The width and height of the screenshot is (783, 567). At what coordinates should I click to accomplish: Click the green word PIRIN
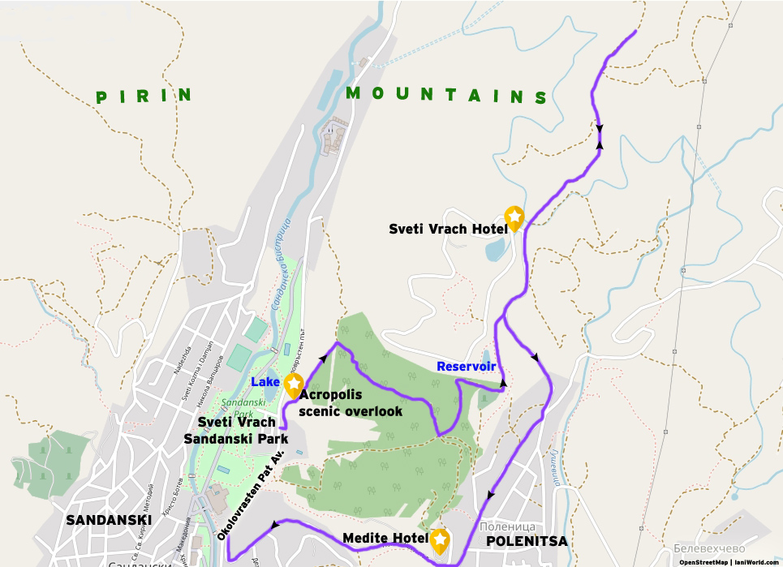tap(144, 96)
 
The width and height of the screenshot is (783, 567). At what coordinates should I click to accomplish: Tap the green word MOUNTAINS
tap(447, 94)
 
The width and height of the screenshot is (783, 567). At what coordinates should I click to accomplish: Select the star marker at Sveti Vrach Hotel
tap(514, 217)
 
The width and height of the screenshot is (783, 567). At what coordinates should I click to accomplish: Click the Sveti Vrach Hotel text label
tap(449, 229)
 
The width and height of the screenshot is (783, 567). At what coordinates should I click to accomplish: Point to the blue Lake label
tap(265, 381)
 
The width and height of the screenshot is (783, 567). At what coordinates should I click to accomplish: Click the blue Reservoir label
tap(466, 367)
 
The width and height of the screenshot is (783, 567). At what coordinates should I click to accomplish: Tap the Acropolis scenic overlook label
tap(351, 403)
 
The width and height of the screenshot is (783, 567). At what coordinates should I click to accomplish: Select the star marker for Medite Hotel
tap(440, 539)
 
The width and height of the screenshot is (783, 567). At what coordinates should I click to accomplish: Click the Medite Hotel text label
tap(385, 539)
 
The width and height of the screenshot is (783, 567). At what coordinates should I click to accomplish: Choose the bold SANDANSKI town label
tap(110, 520)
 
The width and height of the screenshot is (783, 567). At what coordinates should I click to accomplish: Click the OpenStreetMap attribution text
tap(703, 561)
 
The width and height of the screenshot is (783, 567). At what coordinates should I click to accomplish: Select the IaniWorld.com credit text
tap(756, 561)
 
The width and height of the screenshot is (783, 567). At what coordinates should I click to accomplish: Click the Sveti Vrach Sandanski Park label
tap(236, 431)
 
